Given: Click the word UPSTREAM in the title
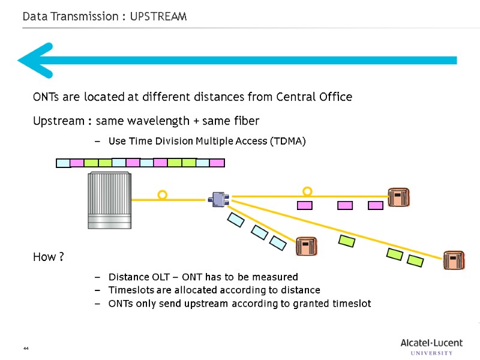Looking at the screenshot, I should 158,17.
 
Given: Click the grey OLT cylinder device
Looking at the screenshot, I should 109,200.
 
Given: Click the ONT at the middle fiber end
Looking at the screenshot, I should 306,246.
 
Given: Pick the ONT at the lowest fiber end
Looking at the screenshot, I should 454,260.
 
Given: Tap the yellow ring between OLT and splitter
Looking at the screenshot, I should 162,195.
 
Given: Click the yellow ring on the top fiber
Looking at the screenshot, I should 307,191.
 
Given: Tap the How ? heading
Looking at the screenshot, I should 49,257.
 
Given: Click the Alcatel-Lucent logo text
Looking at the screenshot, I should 431,343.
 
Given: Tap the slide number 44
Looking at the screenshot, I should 26,349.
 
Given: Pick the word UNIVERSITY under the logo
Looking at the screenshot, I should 431,353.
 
